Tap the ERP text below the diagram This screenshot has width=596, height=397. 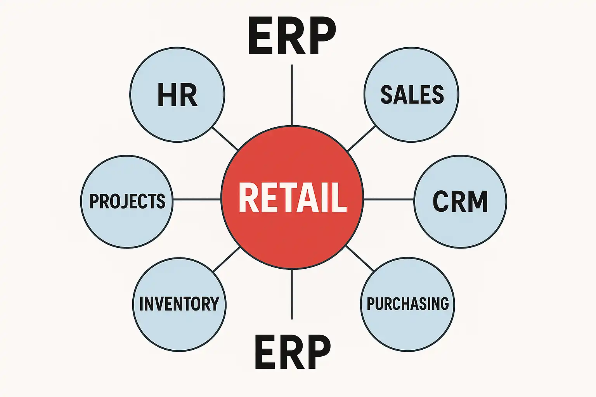tap(293, 352)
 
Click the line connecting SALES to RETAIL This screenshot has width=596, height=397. tap(361, 138)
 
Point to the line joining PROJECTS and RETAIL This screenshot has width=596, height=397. tap(197, 199)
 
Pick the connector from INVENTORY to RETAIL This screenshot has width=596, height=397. tap(227, 259)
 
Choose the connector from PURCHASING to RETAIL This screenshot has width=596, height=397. tap(360, 258)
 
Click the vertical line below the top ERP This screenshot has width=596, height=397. tap(292, 95)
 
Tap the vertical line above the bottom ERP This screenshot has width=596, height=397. tap(292, 295)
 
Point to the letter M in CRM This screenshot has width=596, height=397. tap(476, 201)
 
